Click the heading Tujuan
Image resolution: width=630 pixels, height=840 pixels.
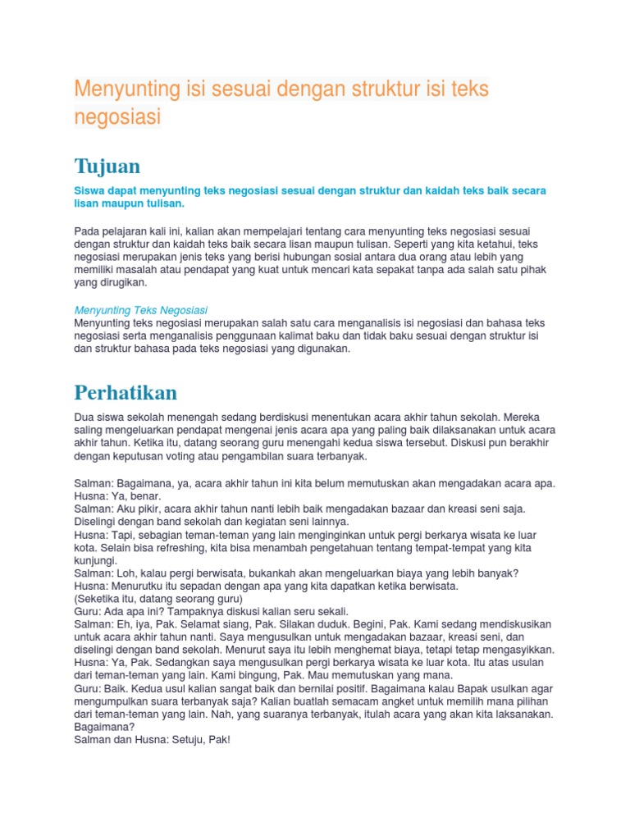coord(107,166)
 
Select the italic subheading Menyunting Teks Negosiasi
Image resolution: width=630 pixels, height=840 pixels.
coord(141,310)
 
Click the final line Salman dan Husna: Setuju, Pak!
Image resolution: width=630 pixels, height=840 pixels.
coord(153,740)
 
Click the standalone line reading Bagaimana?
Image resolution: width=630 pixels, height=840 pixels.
coord(104,727)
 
